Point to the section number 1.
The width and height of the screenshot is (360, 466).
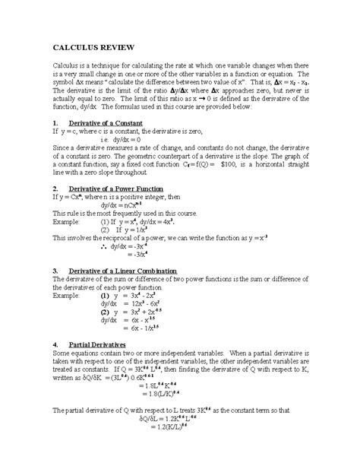coord(55,122)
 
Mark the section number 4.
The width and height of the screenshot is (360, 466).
coord(55,344)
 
